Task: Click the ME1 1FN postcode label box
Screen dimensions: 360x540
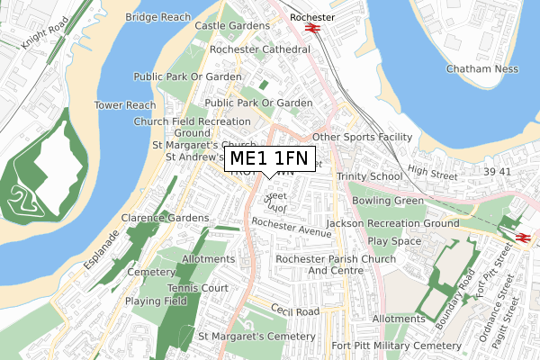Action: pyautogui.click(x=269, y=159)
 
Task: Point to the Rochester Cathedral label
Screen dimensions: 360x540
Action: pyautogui.click(x=259, y=49)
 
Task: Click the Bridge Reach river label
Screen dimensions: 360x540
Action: pyautogui.click(x=157, y=16)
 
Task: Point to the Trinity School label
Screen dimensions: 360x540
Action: pyautogui.click(x=369, y=176)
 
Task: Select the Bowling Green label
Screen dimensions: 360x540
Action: pyautogui.click(x=387, y=200)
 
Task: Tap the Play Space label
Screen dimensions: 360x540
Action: pyautogui.click(x=394, y=241)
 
